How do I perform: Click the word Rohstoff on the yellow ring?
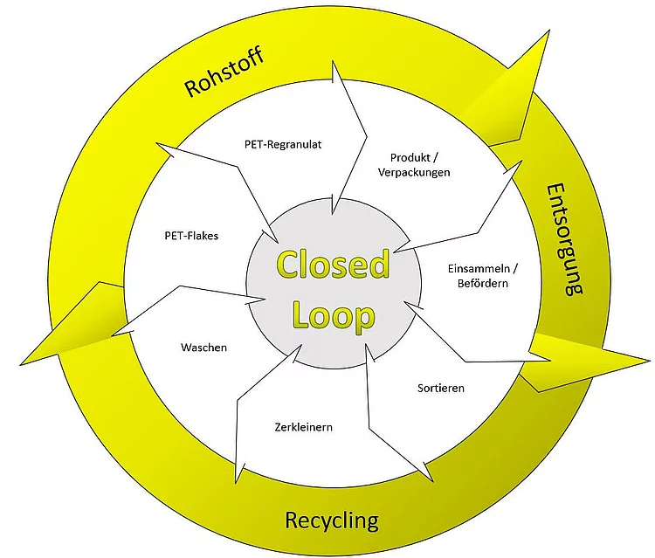click(x=224, y=72)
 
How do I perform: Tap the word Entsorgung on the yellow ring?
click(x=564, y=240)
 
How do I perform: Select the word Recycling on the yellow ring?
click(x=332, y=520)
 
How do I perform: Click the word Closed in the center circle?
click(x=334, y=265)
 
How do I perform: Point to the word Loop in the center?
click(x=334, y=316)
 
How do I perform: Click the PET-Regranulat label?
click(x=283, y=144)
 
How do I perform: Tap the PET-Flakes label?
click(x=191, y=236)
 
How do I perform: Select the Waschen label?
click(x=203, y=348)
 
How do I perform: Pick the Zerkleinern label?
click(x=304, y=427)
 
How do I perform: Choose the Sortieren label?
click(x=441, y=388)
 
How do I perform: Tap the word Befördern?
click(x=482, y=283)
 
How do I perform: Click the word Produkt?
click(x=410, y=158)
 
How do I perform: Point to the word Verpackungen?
click(x=414, y=173)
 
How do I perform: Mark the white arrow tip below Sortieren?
click(x=431, y=480)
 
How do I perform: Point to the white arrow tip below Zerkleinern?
click(x=238, y=482)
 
